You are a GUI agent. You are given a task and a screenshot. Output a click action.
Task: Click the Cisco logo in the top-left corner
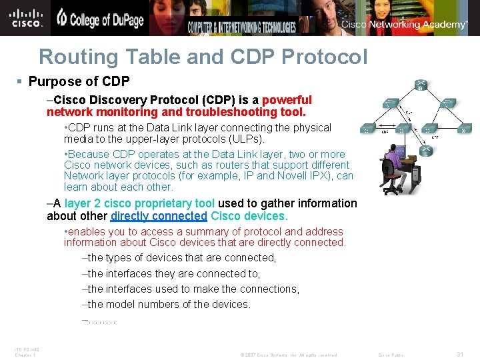(x=27, y=18)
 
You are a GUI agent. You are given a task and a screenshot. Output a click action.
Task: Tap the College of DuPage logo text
(x=100, y=19)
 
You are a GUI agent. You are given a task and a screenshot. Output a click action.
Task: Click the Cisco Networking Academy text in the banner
(x=404, y=25)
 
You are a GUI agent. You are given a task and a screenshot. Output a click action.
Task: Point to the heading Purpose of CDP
(x=79, y=81)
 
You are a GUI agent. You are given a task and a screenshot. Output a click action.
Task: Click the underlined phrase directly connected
(x=159, y=216)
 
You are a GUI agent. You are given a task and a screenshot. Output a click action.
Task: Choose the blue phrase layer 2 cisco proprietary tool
(x=139, y=203)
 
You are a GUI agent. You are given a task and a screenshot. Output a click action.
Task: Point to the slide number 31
(x=459, y=354)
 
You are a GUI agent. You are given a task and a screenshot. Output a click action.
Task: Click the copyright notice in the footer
(x=289, y=355)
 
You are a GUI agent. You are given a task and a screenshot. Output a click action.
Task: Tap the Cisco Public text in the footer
(x=391, y=355)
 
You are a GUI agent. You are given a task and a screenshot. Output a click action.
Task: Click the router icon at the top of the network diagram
(x=420, y=85)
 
